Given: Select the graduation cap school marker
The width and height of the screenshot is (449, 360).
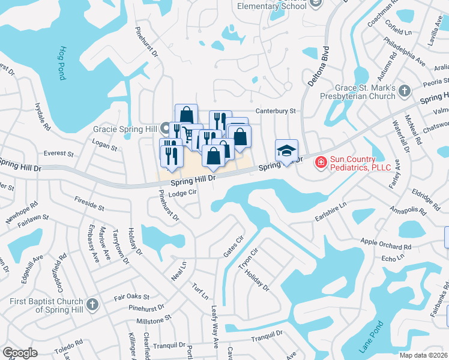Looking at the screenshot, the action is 286,151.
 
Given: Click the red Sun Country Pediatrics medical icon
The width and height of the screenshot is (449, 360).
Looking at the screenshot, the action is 321,161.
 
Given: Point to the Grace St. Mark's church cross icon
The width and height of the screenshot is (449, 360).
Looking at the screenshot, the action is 405,91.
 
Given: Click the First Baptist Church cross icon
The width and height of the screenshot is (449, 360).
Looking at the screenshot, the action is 92,304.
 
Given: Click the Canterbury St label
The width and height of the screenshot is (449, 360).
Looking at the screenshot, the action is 276,111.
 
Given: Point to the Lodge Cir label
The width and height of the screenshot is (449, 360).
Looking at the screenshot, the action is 182,193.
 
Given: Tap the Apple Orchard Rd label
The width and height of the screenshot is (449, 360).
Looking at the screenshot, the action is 386,244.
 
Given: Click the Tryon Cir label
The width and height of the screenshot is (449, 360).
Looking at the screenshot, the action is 247,260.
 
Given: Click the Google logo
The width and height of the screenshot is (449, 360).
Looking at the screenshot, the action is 20,352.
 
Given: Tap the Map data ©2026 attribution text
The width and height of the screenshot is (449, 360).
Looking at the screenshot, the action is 423,355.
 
